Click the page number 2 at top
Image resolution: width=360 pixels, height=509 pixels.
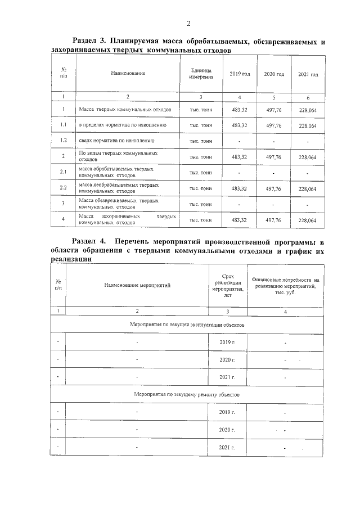(188, 23)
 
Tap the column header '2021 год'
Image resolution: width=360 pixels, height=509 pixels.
(308, 74)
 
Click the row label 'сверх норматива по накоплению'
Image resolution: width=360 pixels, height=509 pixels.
(116, 141)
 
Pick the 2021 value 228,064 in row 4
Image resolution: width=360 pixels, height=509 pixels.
(308, 220)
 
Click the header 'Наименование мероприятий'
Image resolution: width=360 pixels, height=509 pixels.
(137, 285)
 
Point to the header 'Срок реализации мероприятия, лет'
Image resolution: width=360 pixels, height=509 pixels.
(227, 285)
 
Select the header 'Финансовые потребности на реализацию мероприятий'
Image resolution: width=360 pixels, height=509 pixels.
(285, 285)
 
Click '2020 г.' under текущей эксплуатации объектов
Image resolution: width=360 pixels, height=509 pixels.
(227, 359)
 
